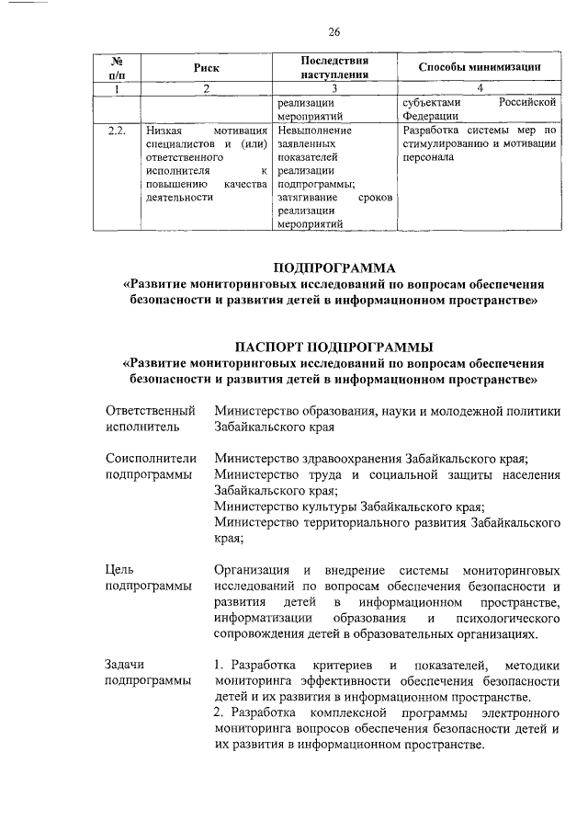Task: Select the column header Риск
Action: (x=207, y=68)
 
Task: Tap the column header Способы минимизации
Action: (x=478, y=68)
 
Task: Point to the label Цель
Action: (x=121, y=570)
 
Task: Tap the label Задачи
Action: (x=127, y=665)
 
